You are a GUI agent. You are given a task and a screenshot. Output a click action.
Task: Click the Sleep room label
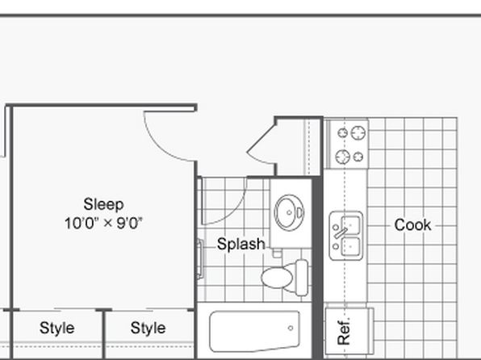[x=103, y=205]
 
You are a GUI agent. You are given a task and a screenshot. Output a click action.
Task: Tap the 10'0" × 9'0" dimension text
[x=103, y=223]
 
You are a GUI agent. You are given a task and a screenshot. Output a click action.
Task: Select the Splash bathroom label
[x=240, y=245]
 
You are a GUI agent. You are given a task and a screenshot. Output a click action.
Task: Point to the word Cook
[x=412, y=225]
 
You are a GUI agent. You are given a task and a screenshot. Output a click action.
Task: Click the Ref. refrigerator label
[x=344, y=332]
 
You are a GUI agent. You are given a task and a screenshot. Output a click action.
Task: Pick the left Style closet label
[x=56, y=328]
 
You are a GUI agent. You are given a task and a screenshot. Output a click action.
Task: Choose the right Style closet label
[x=148, y=328]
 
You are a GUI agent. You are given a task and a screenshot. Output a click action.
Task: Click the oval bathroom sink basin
[x=289, y=212]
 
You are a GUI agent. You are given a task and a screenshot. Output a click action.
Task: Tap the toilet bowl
[x=277, y=277]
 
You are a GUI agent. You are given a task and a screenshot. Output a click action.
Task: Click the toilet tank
[x=301, y=278]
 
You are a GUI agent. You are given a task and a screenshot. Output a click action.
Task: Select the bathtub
[x=254, y=331]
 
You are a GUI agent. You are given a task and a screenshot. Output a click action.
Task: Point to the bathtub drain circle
[x=291, y=328]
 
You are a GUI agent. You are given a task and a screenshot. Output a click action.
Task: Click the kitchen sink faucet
[x=341, y=233]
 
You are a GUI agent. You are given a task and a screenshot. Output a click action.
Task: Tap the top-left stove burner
[x=343, y=133]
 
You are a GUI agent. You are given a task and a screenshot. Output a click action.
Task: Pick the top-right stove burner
[x=358, y=133]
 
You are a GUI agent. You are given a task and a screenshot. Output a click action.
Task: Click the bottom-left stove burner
[x=343, y=157]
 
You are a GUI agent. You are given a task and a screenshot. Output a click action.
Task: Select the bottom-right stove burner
[x=358, y=157]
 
